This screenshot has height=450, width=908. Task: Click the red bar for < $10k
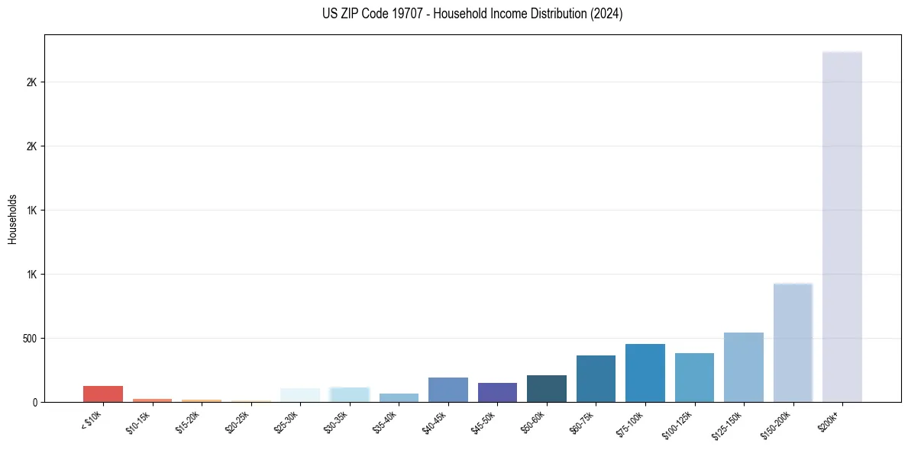click(103, 394)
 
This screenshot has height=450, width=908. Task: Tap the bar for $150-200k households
click(793, 342)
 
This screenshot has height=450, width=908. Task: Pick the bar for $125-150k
click(744, 367)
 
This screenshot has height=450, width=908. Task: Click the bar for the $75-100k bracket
click(645, 373)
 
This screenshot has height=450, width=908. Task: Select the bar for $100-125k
click(694, 378)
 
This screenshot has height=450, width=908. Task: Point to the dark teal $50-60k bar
click(547, 388)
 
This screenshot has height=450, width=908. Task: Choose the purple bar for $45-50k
click(497, 392)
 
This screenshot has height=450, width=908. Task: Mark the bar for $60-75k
click(596, 378)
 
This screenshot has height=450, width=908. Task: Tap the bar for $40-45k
click(448, 390)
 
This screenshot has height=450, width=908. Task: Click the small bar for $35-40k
click(399, 397)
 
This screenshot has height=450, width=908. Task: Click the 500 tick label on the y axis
click(28, 339)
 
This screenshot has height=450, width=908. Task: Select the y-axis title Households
click(12, 219)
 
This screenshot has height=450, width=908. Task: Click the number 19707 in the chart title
click(402, 14)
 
